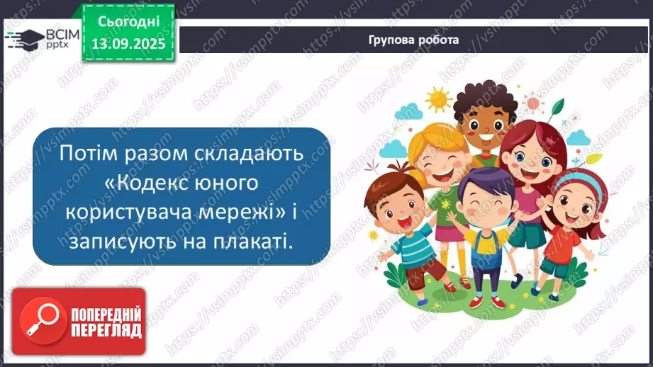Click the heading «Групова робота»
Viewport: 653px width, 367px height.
pyautogui.click(x=413, y=40)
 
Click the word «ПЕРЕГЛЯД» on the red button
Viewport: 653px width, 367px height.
pyautogui.click(x=104, y=330)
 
